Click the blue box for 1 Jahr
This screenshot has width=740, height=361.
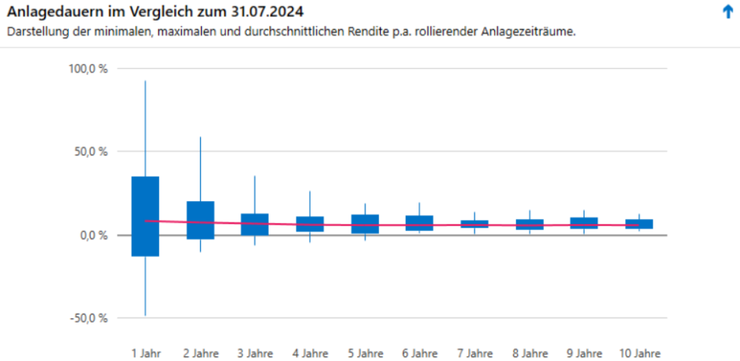coord(145,216)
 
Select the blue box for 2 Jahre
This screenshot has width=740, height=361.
coord(200,220)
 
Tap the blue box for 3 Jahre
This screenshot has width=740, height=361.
coord(255,225)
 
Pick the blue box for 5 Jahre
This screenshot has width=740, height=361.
coord(365,224)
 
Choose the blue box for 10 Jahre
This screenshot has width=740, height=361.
coord(639,224)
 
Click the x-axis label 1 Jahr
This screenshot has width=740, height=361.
coord(145,352)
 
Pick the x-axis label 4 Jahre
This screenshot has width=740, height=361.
coord(310,352)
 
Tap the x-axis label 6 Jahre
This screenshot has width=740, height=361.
coord(420,352)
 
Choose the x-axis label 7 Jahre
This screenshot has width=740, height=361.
coord(474,352)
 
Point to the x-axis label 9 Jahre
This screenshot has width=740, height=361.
coord(585,352)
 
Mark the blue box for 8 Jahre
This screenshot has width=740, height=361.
coord(530,224)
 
